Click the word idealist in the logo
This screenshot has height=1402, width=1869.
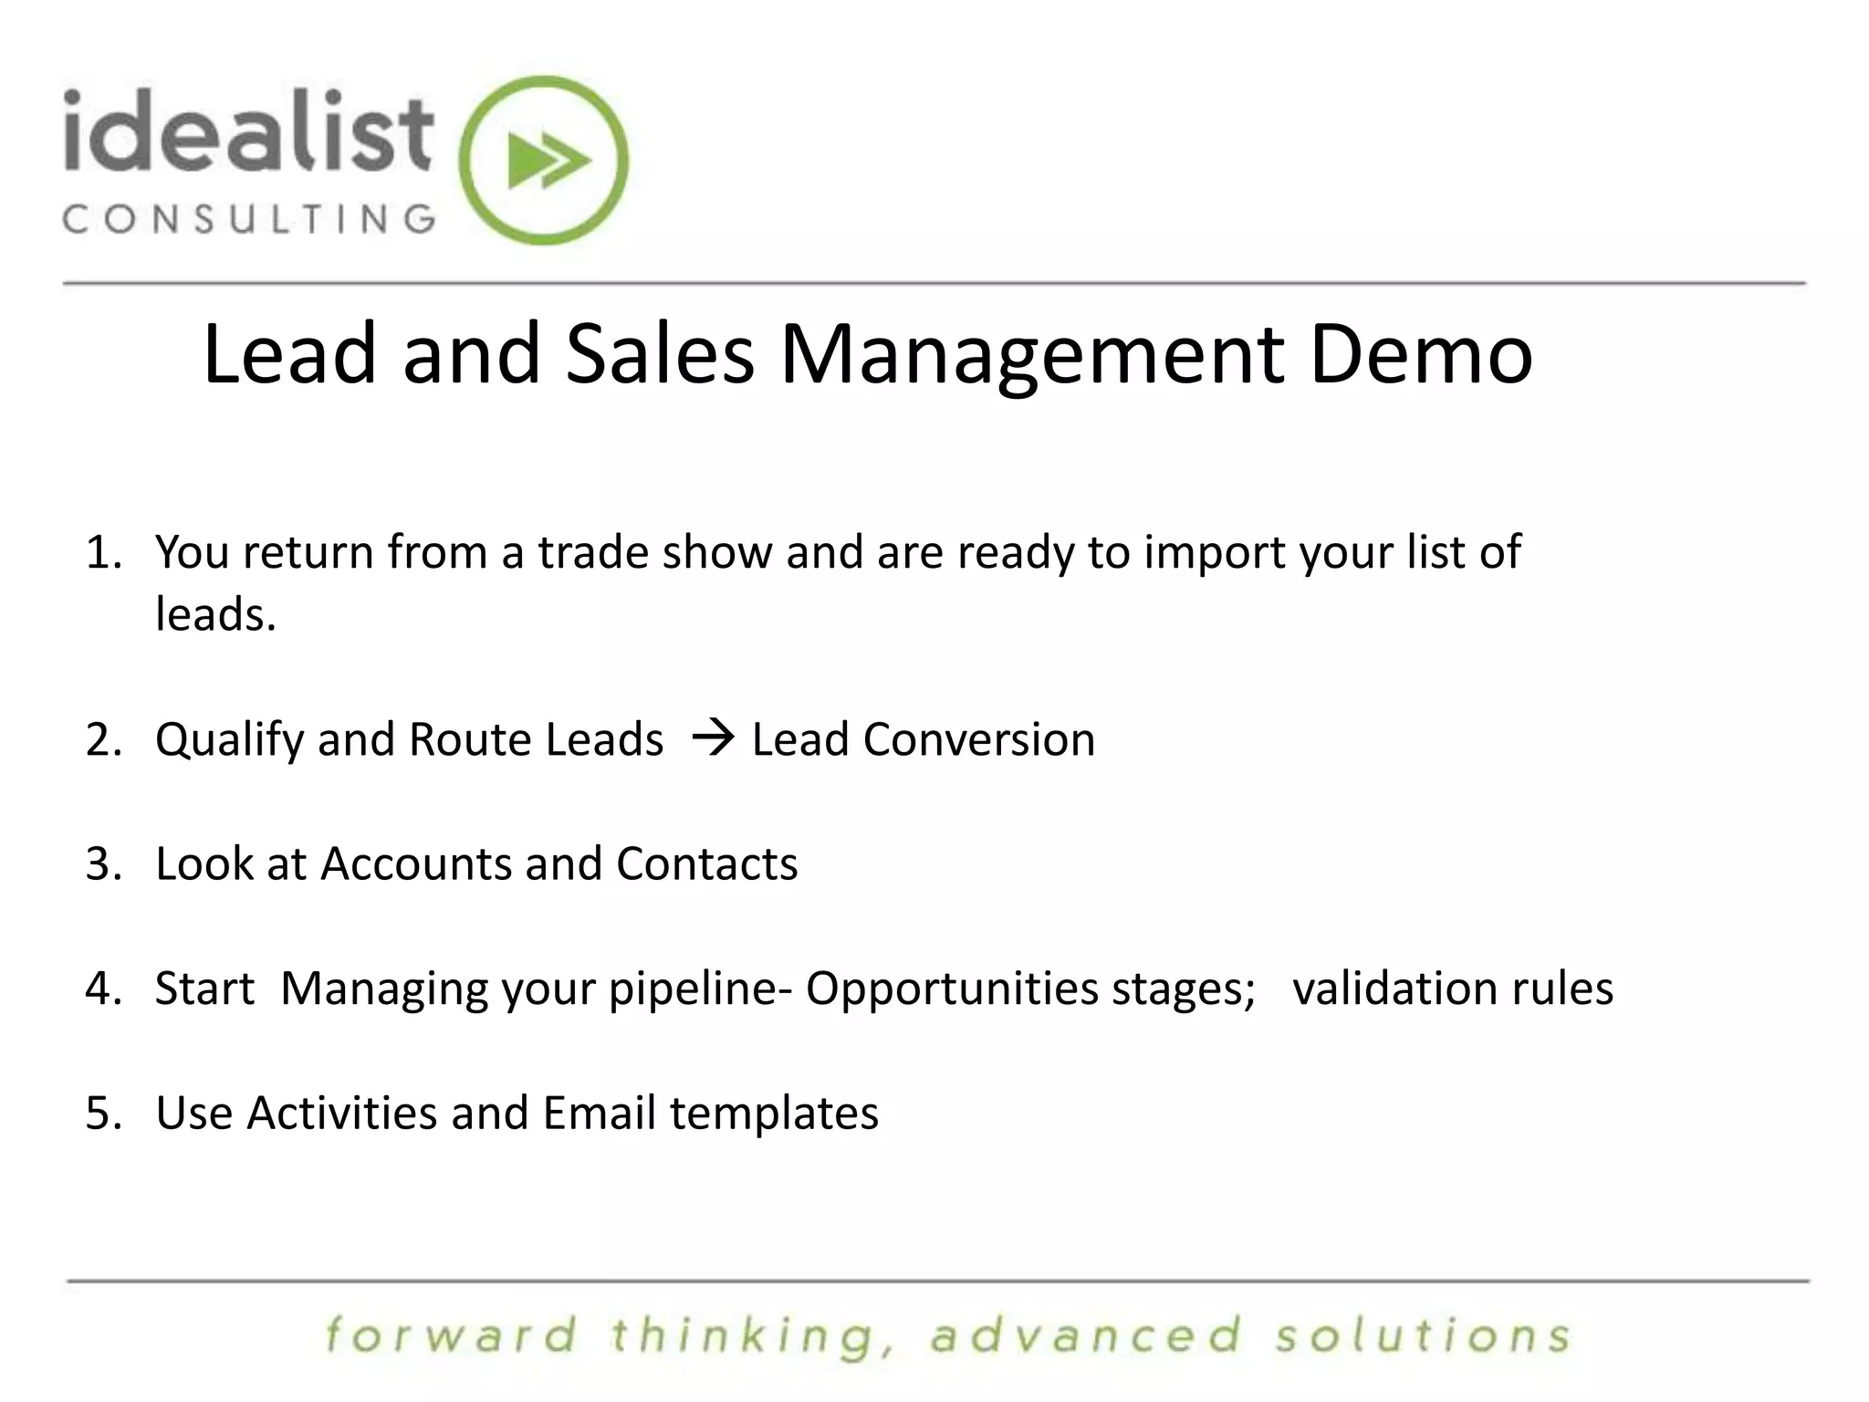pos(247,133)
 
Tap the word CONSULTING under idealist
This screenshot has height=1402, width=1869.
pos(248,219)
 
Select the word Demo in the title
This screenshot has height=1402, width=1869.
pos(1421,354)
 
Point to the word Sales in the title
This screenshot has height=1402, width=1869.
pos(660,354)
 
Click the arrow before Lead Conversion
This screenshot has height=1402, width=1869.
pos(713,738)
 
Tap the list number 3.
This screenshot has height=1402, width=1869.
pos(102,863)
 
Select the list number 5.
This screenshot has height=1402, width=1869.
pos(102,1113)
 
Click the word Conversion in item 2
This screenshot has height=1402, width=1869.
pos(978,738)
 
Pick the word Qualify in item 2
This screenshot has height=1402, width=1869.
pos(228,740)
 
